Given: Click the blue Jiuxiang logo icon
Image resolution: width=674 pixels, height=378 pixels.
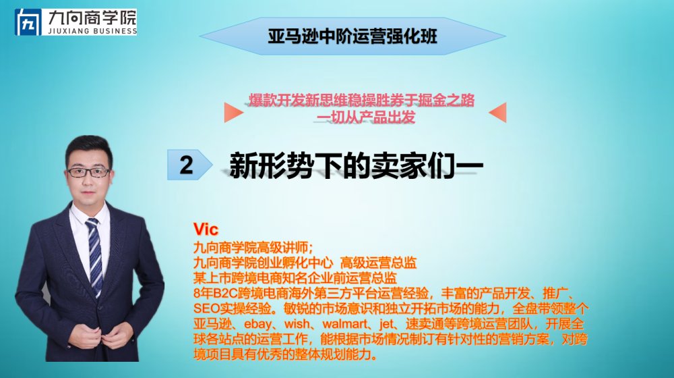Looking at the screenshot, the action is tap(28, 22).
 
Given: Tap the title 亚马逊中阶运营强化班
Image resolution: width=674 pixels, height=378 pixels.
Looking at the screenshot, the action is tap(353, 36).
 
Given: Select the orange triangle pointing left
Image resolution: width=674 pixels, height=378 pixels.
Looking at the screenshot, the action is tap(498, 112).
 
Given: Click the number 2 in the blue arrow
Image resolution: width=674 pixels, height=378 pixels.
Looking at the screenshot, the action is tap(186, 165).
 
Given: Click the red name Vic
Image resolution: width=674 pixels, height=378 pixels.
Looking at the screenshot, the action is tap(206, 229).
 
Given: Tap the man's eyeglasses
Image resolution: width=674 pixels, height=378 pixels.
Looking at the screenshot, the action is tap(89, 173).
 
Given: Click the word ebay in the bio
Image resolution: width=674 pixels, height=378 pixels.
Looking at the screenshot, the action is tap(258, 324).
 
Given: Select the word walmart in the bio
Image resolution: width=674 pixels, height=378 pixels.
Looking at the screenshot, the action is tap(344, 324).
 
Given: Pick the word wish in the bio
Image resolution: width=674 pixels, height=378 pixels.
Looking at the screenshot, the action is tap(297, 324).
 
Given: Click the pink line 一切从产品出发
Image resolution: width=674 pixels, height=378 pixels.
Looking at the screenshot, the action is tap(366, 117).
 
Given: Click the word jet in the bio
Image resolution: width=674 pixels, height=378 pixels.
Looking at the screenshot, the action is tap(386, 324).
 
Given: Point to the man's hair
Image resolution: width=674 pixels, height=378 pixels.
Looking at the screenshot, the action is tap(89, 146).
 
